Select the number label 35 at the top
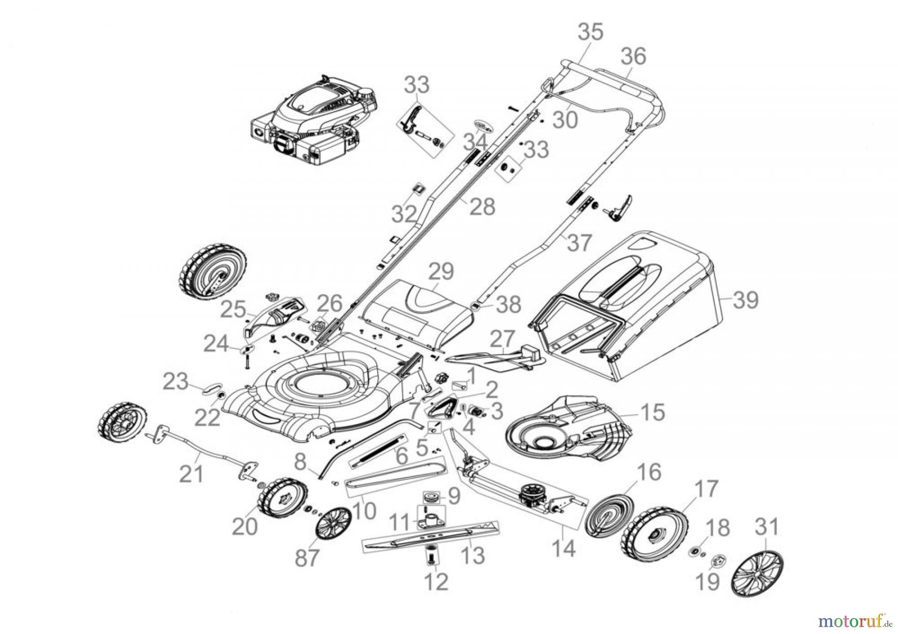coord(591,32)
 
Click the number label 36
coord(634,57)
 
